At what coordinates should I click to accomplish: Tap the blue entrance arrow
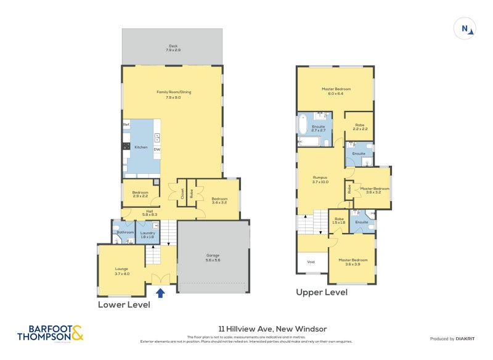coord(161,293)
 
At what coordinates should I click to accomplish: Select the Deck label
coord(173,47)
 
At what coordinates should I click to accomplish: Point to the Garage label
coord(213,258)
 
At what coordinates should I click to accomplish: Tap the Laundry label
coord(147,234)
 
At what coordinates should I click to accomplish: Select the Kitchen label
coord(141,147)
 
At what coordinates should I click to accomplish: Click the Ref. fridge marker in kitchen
coord(126,125)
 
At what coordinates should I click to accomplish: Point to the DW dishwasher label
coord(157,150)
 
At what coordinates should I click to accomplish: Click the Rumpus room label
coord(320,179)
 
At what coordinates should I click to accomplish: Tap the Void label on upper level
coord(311,261)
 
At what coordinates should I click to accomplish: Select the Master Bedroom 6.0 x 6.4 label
coord(335,91)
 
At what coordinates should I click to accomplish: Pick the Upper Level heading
coord(321,292)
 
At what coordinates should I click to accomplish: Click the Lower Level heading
coord(124,304)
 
